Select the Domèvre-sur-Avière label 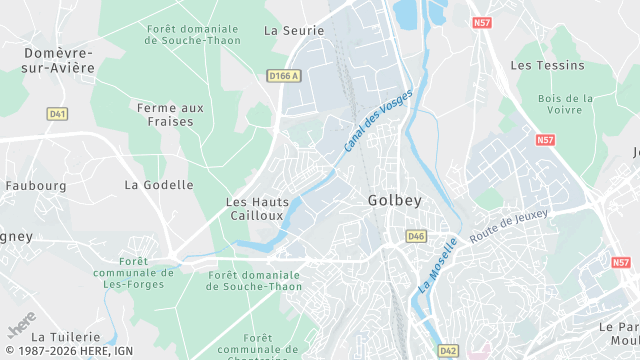pyautogui.click(x=58, y=60)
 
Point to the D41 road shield pyautogui.click(x=57, y=114)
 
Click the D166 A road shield pyautogui.click(x=284, y=75)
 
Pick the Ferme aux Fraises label pyautogui.click(x=170, y=114)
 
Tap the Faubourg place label pyautogui.click(x=35, y=186)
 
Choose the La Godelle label pyautogui.click(x=159, y=185)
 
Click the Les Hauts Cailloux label pyautogui.click(x=258, y=208)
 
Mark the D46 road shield pyautogui.click(x=416, y=236)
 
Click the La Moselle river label pyautogui.click(x=437, y=265)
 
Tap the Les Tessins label pyautogui.click(x=547, y=66)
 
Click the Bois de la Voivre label pyautogui.click(x=565, y=106)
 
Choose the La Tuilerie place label pyautogui.click(x=66, y=338)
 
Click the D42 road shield pyautogui.click(x=447, y=351)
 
